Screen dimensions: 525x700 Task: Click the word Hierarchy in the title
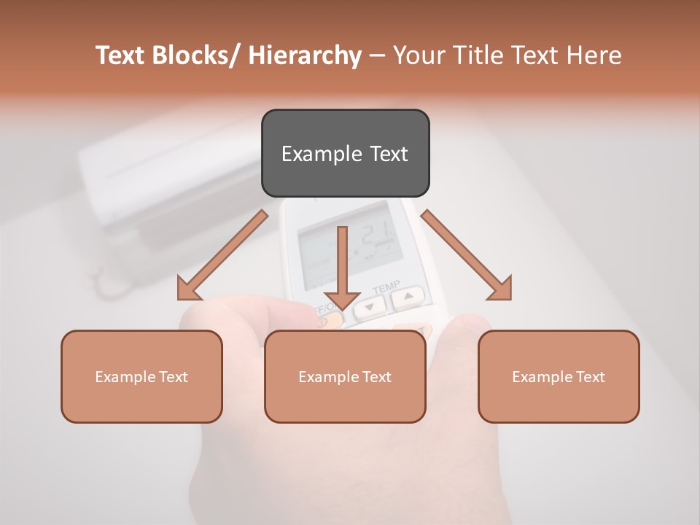coord(305,55)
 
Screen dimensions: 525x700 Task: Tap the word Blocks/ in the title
coord(196,55)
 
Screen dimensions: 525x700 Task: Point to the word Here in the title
coord(594,55)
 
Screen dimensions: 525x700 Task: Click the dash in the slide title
coord(377,56)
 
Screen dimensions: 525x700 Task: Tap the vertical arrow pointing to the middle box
coord(342,266)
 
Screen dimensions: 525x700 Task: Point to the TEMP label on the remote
coord(386,287)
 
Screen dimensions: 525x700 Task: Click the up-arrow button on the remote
coord(408,297)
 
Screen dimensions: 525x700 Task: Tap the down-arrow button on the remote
coord(371,308)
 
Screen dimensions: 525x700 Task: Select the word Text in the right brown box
coord(590,377)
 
